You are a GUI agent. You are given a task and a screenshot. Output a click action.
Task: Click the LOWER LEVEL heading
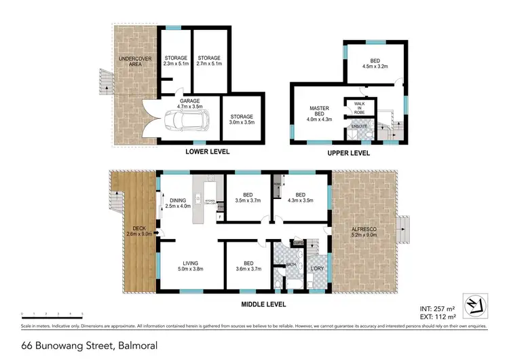pyautogui.click(x=206, y=152)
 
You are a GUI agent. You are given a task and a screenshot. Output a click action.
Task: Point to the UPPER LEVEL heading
pyautogui.click(x=349, y=154)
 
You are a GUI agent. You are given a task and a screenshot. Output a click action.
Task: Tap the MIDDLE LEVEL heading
pyautogui.click(x=263, y=304)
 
